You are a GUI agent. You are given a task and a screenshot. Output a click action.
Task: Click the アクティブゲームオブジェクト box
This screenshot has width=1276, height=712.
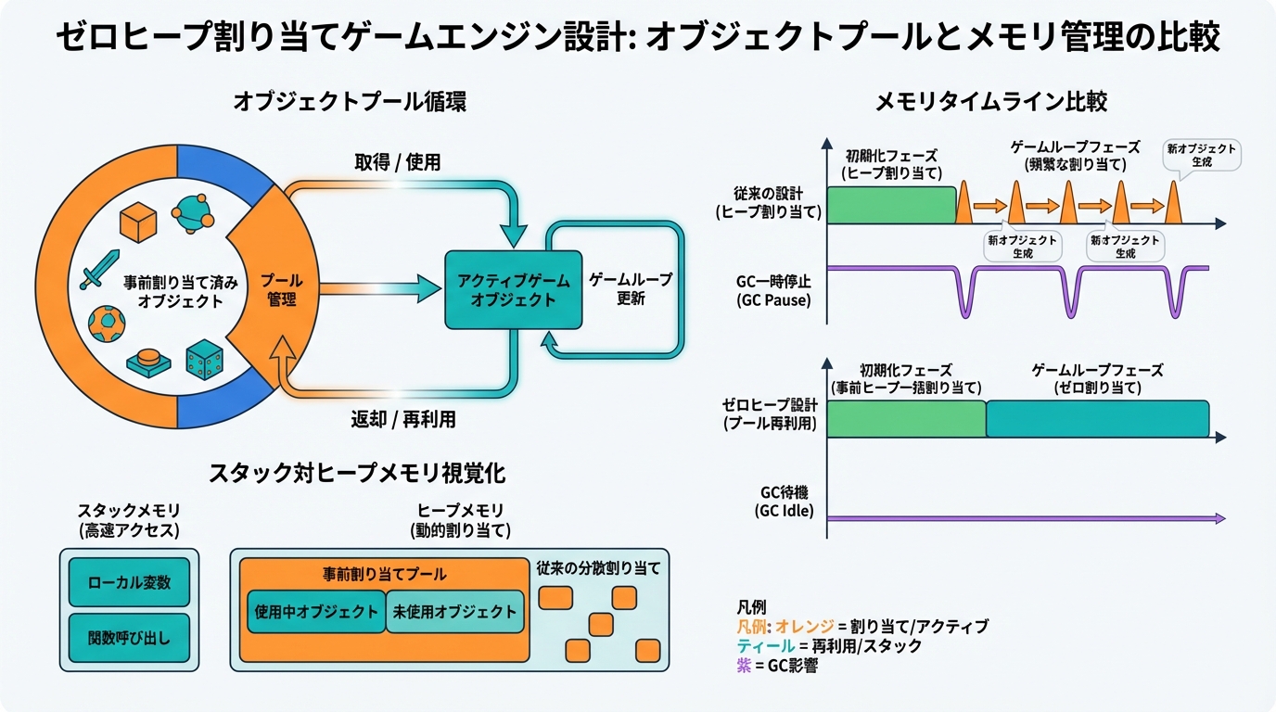pos(513,289)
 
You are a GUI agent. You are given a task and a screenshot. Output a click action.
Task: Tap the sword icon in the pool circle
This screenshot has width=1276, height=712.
pos(98,268)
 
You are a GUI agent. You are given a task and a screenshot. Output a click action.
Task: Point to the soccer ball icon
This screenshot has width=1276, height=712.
pos(106,323)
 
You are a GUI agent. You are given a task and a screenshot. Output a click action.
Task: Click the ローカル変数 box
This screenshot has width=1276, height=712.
pos(129,583)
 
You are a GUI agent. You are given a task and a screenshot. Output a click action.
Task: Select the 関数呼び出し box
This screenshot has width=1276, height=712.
pos(129,638)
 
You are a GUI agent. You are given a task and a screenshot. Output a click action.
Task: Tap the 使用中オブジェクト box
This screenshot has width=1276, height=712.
pos(315,612)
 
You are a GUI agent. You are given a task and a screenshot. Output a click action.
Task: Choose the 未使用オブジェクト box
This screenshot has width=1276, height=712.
pos(453,612)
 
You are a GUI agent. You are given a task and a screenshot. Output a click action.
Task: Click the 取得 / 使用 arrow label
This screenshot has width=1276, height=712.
pos(397,162)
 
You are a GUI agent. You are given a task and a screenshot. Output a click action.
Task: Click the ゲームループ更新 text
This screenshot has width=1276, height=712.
pos(631,289)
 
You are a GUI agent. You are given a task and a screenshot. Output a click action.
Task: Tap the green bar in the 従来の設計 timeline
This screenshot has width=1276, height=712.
pos(890,205)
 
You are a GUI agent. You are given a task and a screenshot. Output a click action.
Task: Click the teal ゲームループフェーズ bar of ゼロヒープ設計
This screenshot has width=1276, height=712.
pos(1097,418)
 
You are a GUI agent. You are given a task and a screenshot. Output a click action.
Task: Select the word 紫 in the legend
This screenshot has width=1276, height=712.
pos(744,666)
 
